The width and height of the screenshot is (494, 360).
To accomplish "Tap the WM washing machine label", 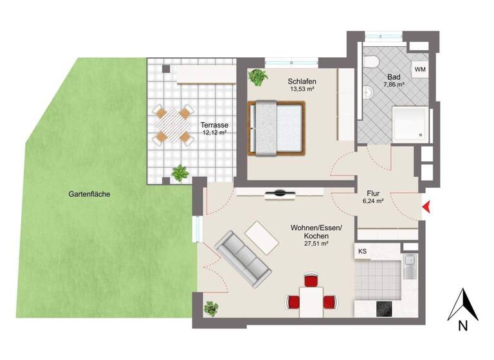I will tap(420, 69).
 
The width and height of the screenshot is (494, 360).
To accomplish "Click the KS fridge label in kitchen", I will tap(362, 251).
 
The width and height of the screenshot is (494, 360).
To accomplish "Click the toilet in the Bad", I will tap(372, 62).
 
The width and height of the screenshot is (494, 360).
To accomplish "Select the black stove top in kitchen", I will tap(383, 309).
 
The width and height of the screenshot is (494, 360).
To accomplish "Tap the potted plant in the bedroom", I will tap(259, 78).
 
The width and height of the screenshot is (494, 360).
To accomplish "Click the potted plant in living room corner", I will tap(211, 308).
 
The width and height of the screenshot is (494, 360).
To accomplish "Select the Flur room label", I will tap(374, 192).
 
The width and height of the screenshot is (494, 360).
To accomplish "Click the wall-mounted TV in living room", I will tap(281, 192).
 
